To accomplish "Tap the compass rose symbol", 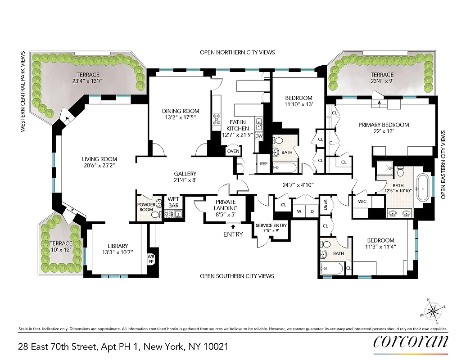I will [x=434, y=310].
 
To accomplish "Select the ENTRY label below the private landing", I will [x=233, y=234].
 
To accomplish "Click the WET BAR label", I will [x=173, y=202].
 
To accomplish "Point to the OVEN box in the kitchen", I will [x=233, y=151].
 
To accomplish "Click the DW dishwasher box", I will [x=259, y=136].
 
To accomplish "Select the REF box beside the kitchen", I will [x=264, y=164].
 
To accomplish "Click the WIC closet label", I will [x=362, y=202].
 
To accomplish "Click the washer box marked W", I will [x=299, y=211].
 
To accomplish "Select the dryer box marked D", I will [x=312, y=211].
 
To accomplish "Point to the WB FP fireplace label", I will [x=151, y=259].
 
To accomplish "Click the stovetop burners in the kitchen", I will [x=216, y=118].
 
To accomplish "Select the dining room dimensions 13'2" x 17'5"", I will [x=180, y=118].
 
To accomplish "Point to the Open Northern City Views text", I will [x=237, y=53].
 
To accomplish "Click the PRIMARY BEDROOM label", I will [x=384, y=125].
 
